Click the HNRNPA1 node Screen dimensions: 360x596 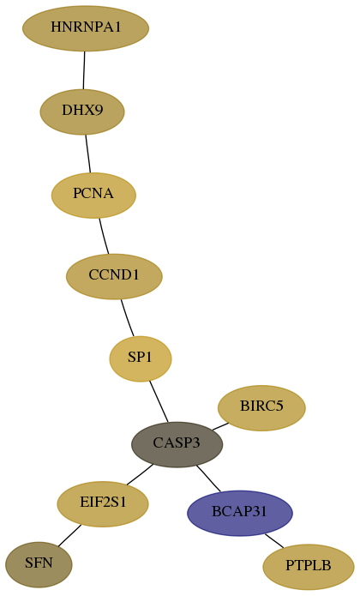[x=86, y=28]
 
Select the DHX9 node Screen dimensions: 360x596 [x=82, y=111]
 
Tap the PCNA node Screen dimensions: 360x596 [x=93, y=196]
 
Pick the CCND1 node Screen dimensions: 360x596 [x=114, y=277]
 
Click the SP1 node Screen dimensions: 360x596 [x=141, y=358]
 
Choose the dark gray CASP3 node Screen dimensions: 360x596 [x=177, y=444]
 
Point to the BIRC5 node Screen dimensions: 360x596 [x=261, y=408]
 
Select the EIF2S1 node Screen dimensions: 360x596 [x=103, y=504]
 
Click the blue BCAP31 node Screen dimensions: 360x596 [x=240, y=513]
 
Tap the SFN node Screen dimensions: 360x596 [x=39, y=565]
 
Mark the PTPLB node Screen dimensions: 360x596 [x=309, y=567]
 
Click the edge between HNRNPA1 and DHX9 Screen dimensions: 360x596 [x=84, y=70]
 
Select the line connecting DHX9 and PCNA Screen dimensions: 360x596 [x=88, y=154]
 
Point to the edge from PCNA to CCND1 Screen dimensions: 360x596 [x=104, y=236]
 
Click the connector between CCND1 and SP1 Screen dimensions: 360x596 [x=127, y=318]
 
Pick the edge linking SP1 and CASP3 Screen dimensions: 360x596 [x=159, y=402]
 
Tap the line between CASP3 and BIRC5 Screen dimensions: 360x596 [x=220, y=426]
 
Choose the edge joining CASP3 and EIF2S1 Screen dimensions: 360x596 [x=140, y=475]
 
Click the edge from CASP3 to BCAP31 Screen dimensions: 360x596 [x=208, y=479]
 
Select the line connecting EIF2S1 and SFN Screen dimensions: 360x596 [x=69, y=536]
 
